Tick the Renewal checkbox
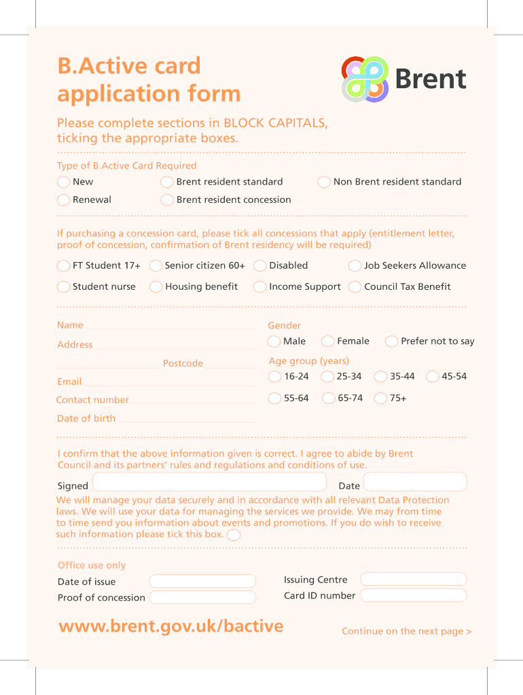pos(63,200)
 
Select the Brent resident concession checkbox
pos(167,200)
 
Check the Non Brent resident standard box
pos(324,182)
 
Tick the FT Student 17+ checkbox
pos(63,265)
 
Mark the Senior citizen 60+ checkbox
pos(156,265)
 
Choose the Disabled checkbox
pos(259,265)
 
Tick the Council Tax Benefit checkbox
pos(355,286)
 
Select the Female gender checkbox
pos(328,341)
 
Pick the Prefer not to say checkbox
pos(392,341)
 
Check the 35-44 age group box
pos(380,377)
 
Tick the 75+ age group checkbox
pos(380,398)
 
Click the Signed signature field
pos(209,483)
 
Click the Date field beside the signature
pos(415,483)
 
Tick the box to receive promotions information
pos(234,535)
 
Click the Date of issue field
pos(202,582)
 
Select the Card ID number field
pos(414,595)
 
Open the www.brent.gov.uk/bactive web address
pos(171,626)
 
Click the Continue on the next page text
pos(406,631)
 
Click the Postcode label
pos(183,364)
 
